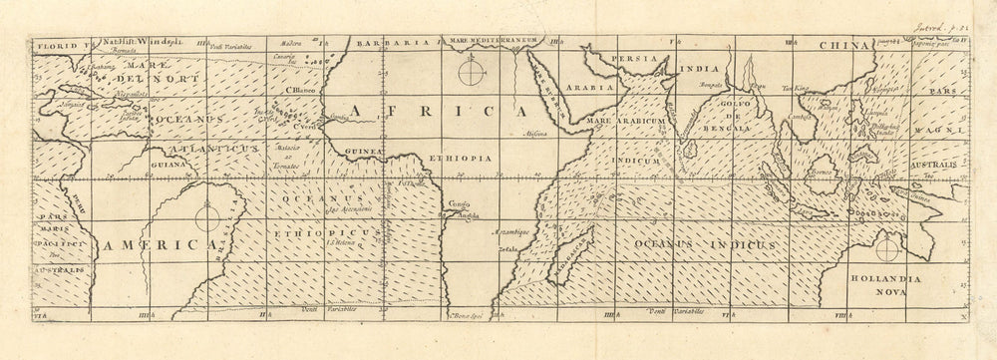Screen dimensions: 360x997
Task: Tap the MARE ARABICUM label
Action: (x=626, y=122)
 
